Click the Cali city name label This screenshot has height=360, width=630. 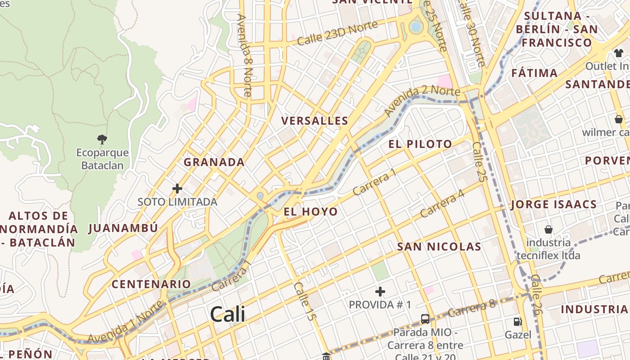pos(228,314)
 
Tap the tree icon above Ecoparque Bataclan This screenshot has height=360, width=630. pos(102,139)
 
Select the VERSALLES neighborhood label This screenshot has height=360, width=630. pos(315,121)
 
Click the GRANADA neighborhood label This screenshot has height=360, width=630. pos(214,162)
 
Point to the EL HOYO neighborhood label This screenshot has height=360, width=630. pos(310,211)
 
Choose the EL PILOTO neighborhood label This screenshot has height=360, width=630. pos(420,144)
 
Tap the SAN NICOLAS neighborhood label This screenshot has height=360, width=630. pos(439,247)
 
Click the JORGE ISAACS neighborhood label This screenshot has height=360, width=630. pos(554,204)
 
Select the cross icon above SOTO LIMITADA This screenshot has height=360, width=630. pos(177,189)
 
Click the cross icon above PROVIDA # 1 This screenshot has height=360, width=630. pos(380,292)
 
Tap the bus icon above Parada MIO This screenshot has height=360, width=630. pos(425,319)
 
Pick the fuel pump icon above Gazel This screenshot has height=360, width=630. pos(518,322)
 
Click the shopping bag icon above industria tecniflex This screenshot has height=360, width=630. pos(548,229)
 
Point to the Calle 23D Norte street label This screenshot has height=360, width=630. pos(337,34)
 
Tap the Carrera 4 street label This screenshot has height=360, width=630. pos(442,203)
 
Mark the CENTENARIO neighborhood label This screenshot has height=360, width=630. pos(151,284)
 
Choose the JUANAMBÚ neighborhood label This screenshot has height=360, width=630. pos(123,228)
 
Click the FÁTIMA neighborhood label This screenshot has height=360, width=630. pos(534,72)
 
